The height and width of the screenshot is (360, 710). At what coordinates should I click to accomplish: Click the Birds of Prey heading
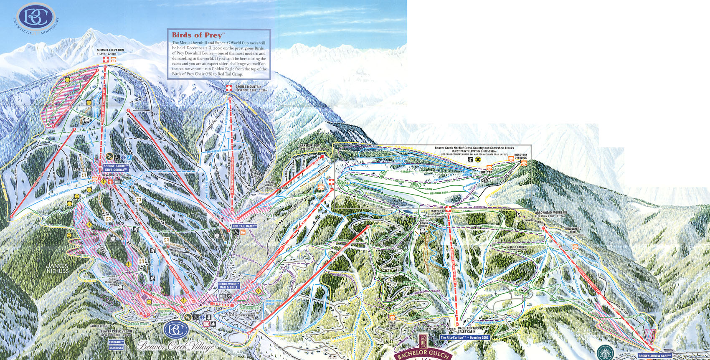coord(198,35)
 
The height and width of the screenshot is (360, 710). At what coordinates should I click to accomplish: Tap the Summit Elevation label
coord(110,50)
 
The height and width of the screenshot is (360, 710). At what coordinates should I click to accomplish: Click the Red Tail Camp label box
coord(244,226)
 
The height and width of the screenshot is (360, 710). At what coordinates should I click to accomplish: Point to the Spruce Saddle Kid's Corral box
coord(116,167)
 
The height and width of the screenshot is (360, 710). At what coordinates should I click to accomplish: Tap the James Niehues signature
coord(58,268)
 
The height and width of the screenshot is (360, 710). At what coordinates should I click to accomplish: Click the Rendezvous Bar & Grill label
coord(228,285)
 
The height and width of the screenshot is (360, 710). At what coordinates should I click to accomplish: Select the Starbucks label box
coord(117,347)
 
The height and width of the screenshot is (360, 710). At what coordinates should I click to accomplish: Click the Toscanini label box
coord(117,342)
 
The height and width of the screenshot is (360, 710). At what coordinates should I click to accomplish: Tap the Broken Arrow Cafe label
coord(654,356)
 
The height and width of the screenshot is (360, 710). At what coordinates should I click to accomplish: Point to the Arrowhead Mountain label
coord(551,213)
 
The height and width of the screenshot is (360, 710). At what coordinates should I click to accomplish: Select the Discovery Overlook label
coord(520,156)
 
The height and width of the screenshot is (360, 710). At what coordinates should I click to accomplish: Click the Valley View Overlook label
coord(393,325)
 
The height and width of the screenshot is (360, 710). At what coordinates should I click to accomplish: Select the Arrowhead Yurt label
coord(573,230)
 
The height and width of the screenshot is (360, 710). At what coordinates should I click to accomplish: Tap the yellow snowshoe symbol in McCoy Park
coord(478,159)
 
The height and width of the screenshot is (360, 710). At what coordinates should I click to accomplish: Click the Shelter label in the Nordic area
coord(486,172)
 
